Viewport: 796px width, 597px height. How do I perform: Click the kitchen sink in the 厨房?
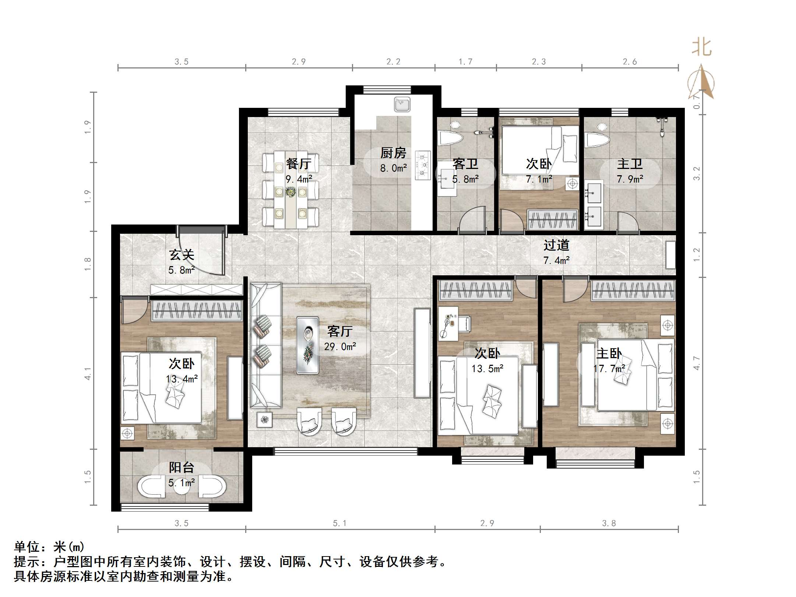tap(402, 104)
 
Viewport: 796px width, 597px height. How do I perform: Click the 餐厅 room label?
tap(299, 163)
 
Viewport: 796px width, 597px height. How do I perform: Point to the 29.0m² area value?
tap(340, 347)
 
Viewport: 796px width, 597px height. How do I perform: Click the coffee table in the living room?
tap(308, 345)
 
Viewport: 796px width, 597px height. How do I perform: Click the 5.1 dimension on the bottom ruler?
tap(339, 523)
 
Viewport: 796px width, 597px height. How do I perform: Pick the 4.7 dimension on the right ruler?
tap(697, 363)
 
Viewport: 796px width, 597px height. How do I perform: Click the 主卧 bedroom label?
tap(609, 353)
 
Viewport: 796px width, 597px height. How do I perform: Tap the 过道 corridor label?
tap(556, 245)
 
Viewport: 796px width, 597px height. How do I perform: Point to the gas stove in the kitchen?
tap(423, 165)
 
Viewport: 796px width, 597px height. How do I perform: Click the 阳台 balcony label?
tap(182, 467)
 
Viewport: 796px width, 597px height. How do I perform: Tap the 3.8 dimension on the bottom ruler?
tap(609, 523)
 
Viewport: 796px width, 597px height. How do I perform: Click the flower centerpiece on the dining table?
tap(290, 192)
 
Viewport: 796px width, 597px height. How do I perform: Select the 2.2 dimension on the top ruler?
tap(393, 62)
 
